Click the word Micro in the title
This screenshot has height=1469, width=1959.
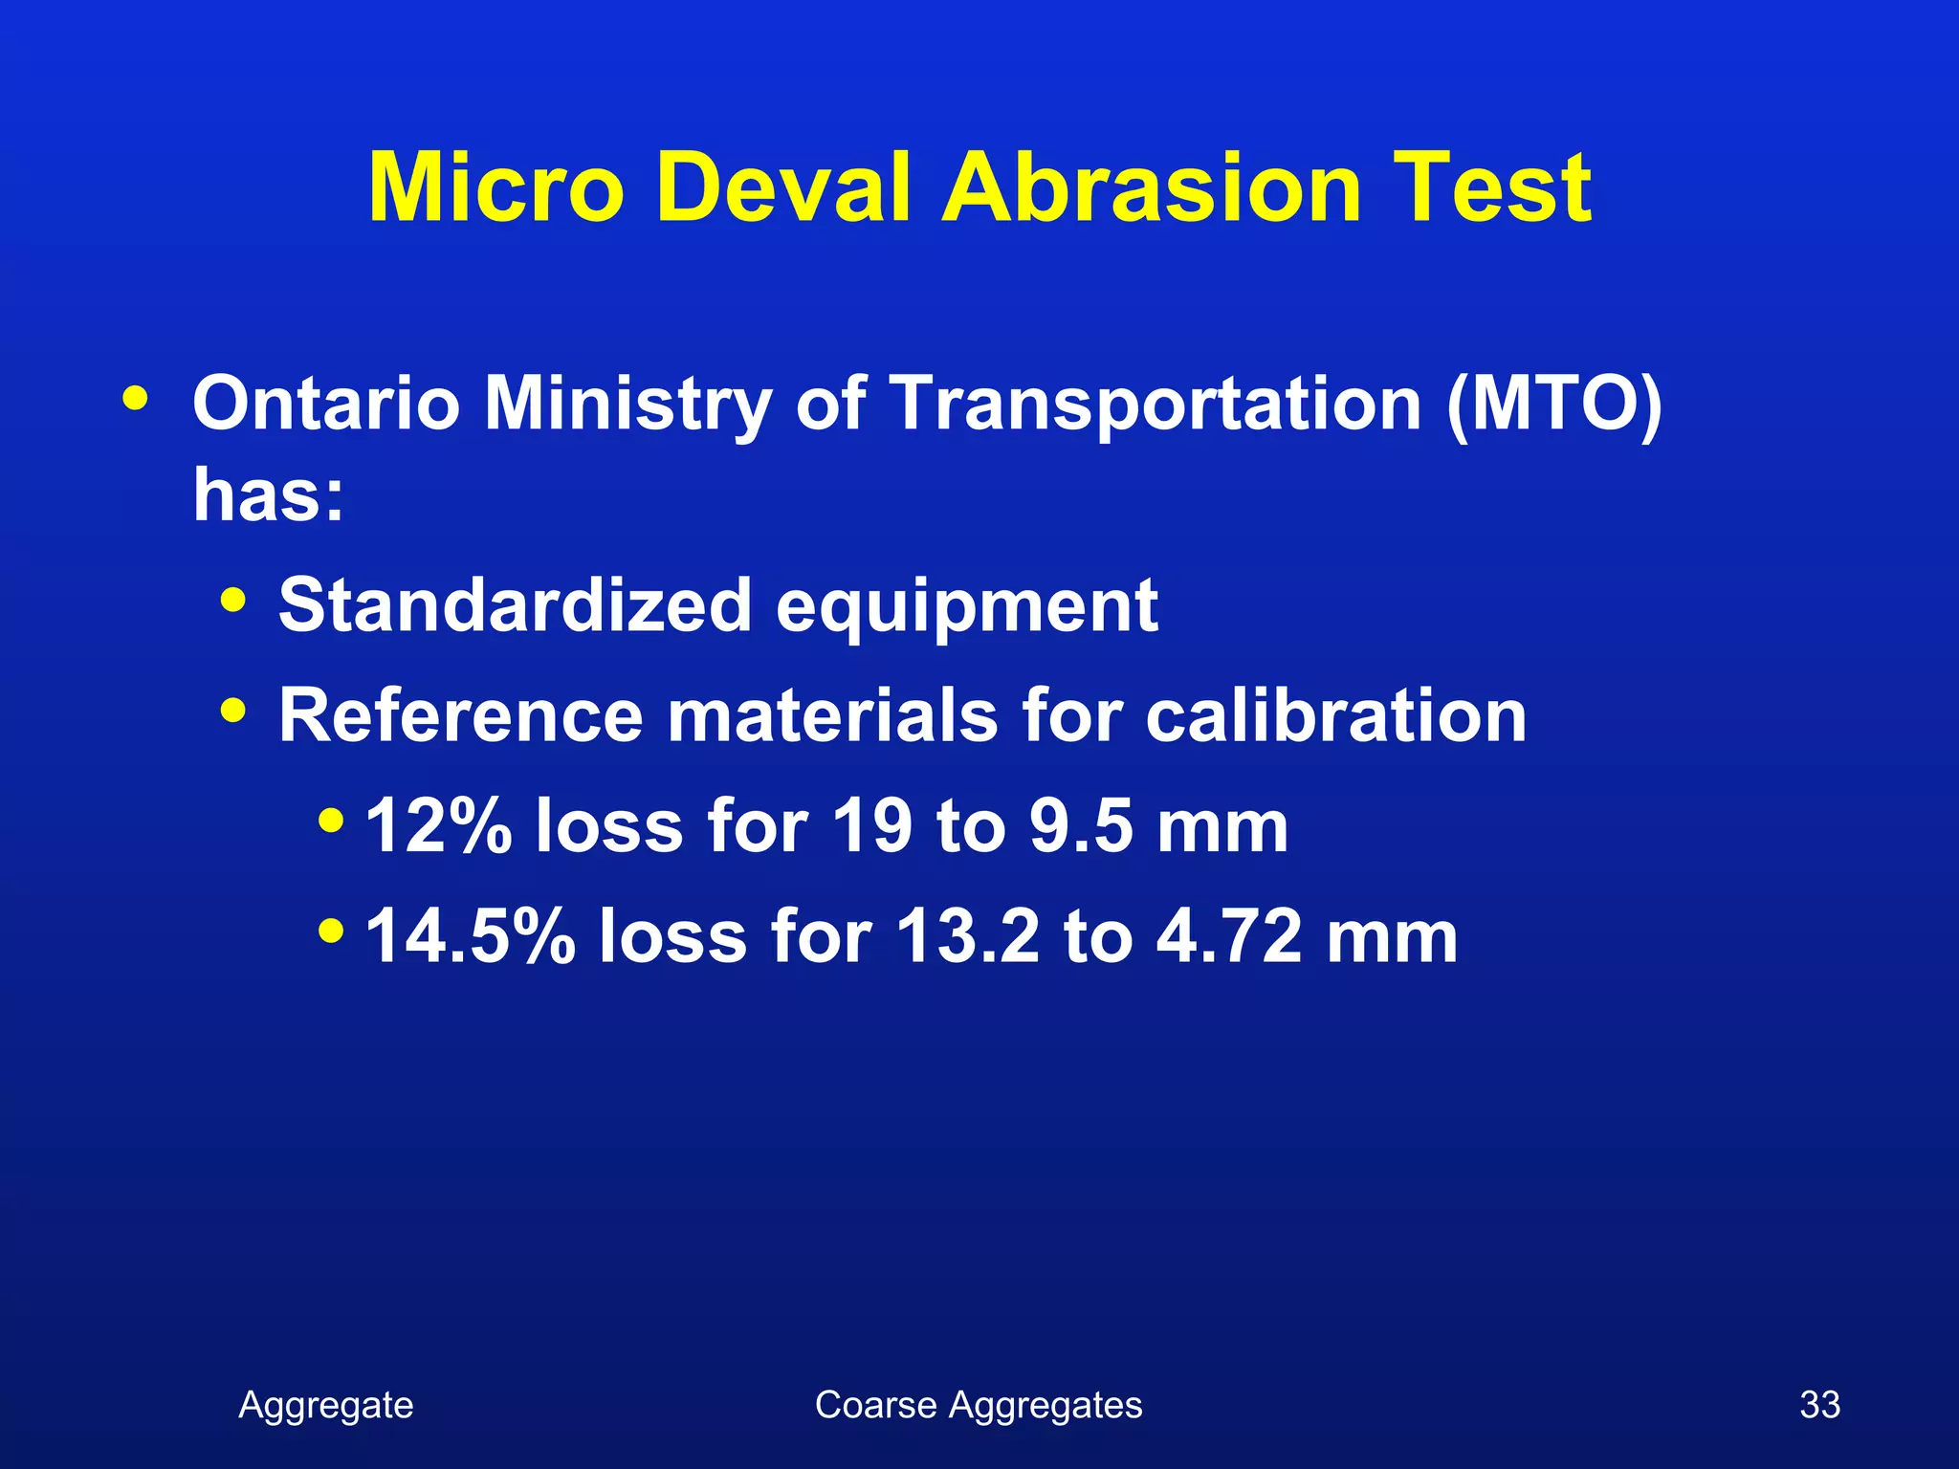[x=495, y=188]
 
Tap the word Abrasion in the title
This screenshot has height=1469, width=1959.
[x=1152, y=188]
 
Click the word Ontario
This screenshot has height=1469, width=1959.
[x=326, y=404]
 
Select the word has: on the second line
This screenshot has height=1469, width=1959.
[x=268, y=495]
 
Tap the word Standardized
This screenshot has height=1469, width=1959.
[x=515, y=605]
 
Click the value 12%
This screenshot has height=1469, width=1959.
[x=439, y=825]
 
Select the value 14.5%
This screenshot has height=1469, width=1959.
[x=471, y=935]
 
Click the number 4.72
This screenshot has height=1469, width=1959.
[x=1229, y=935]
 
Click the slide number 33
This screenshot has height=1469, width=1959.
[x=1819, y=1405]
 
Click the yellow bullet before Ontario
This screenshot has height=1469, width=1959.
[x=135, y=398]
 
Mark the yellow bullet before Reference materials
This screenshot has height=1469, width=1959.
[x=232, y=711]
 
